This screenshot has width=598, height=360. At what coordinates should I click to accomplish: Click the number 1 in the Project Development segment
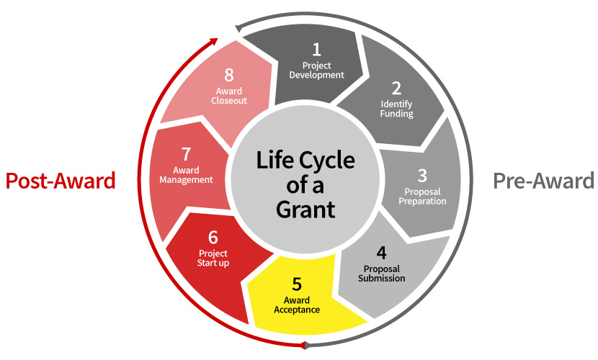[x=315, y=50]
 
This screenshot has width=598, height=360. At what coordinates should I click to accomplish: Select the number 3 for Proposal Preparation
[x=422, y=175]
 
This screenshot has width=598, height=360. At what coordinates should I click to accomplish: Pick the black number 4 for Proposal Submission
[x=381, y=253]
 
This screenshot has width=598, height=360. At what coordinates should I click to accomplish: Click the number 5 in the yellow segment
[x=297, y=284]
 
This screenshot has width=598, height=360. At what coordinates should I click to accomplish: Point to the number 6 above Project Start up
[x=213, y=237]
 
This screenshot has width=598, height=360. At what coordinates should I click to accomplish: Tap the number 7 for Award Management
[x=186, y=155]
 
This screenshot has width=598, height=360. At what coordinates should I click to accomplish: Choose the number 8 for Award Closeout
[x=229, y=76]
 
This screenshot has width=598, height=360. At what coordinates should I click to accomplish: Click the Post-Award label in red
[x=61, y=181]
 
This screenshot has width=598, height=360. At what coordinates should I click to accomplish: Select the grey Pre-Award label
[x=543, y=181]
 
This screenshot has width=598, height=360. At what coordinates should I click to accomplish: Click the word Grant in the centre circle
[x=306, y=210]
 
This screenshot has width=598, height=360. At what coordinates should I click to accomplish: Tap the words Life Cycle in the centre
[x=306, y=160]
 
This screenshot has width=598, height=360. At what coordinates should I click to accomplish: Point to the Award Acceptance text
[x=297, y=305]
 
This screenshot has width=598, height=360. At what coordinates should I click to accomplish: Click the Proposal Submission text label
[x=381, y=274]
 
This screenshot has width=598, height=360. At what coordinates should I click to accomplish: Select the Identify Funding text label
[x=396, y=109]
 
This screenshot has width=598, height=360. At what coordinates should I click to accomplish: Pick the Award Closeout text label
[x=229, y=96]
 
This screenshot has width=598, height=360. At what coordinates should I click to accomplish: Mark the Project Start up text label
[x=213, y=258]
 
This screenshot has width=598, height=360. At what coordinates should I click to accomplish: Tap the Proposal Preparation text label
[x=422, y=197]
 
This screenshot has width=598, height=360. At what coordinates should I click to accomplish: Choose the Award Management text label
[x=186, y=175]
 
